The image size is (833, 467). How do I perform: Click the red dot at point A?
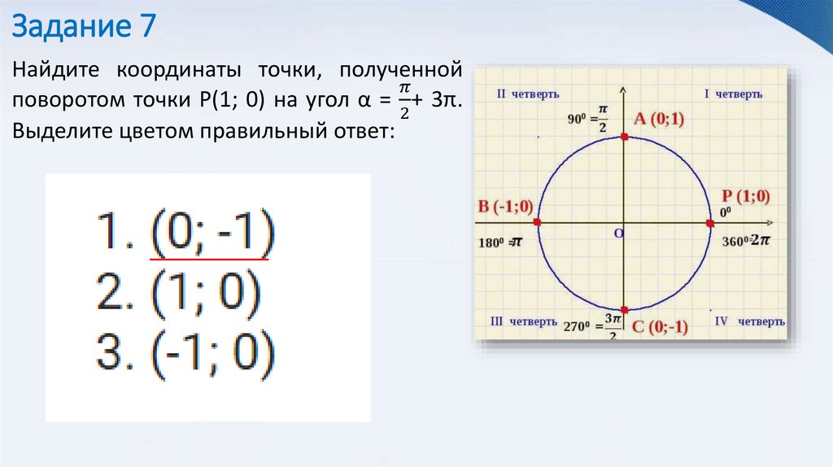[x=624, y=137]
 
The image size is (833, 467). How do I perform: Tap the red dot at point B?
[x=537, y=222]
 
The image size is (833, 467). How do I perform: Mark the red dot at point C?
[x=624, y=309]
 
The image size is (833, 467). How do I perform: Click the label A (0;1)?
[x=659, y=120]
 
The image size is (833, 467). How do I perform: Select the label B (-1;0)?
[x=505, y=206]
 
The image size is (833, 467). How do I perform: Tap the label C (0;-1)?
[x=659, y=327]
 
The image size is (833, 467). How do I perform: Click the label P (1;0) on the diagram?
[x=745, y=196]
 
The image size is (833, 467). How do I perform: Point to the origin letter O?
[x=617, y=233]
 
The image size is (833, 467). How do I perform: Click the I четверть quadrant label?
[x=739, y=94]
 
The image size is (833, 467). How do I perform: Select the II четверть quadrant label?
[x=527, y=94]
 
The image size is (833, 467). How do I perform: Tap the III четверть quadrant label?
[x=523, y=321]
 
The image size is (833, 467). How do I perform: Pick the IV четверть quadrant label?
[x=748, y=321]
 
